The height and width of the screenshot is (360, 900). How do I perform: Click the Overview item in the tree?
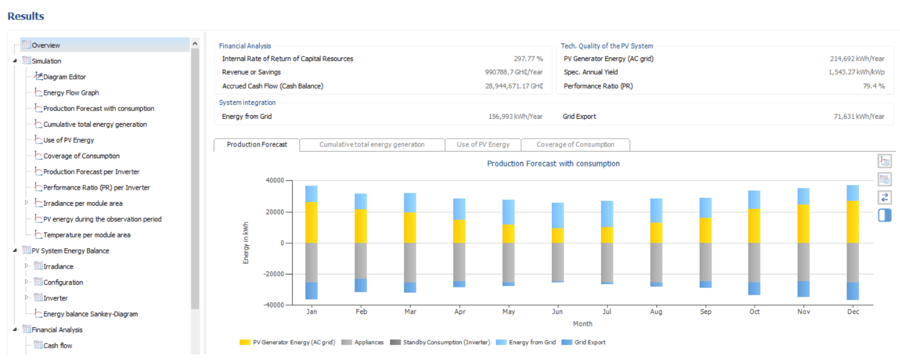pyautogui.click(x=46, y=46)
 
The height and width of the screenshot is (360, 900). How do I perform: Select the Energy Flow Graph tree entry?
pyautogui.click(x=71, y=93)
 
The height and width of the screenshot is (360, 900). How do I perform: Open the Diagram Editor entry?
pyautogui.click(x=64, y=76)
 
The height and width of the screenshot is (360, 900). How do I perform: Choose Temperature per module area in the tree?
pyautogui.click(x=87, y=235)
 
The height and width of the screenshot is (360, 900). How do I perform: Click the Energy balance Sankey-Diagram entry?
pyautogui.click(x=91, y=314)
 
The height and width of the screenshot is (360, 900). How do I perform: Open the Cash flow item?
pyautogui.click(x=58, y=345)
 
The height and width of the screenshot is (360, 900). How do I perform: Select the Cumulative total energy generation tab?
pyautogui.click(x=372, y=145)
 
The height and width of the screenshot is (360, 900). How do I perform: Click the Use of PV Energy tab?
pyautogui.click(x=483, y=145)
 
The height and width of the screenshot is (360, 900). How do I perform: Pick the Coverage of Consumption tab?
pyautogui.click(x=575, y=145)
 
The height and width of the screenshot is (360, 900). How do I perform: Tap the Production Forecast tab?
pyautogui.click(x=256, y=145)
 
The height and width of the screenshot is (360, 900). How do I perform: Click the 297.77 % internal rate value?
pyautogui.click(x=528, y=58)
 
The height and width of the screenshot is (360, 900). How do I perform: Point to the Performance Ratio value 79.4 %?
pyautogui.click(x=874, y=86)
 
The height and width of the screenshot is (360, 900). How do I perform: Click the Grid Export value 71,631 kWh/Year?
pyautogui.click(x=859, y=116)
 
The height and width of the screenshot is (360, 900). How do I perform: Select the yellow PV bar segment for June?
pyautogui.click(x=557, y=236)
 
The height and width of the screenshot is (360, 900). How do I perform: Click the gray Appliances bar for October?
pyautogui.click(x=754, y=263)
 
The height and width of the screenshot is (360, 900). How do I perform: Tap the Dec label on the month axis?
pyautogui.click(x=853, y=312)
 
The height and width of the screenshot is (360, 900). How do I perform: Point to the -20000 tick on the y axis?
pyautogui.click(x=273, y=274)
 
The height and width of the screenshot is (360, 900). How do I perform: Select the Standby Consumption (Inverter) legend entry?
pyautogui.click(x=440, y=343)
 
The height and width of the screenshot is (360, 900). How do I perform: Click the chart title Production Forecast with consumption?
pyautogui.click(x=553, y=164)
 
